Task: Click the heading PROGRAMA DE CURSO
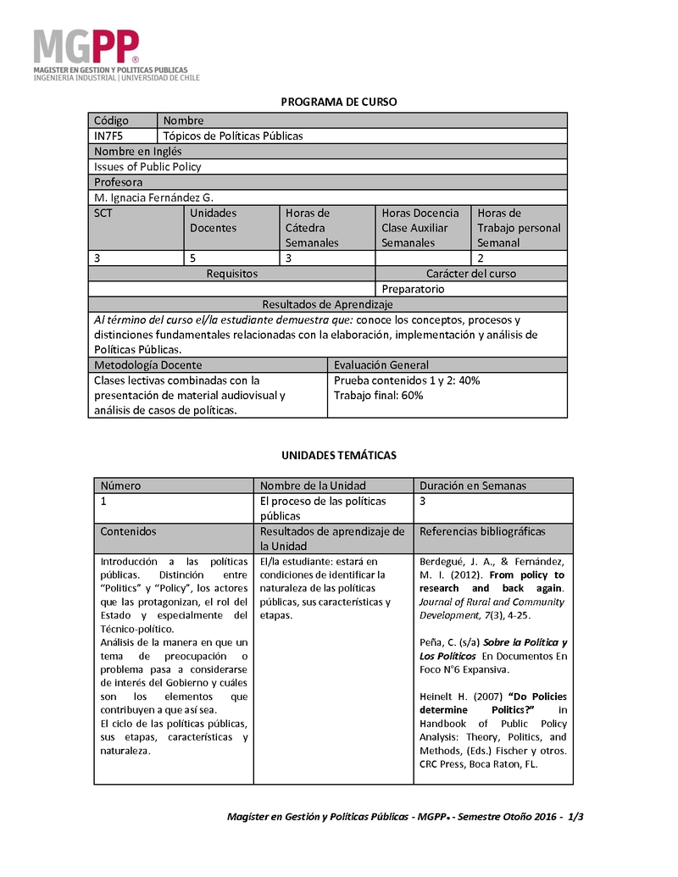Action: point(338,102)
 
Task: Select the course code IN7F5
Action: point(108,136)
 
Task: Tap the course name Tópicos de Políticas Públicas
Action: point(233,136)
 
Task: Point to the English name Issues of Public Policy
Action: point(147,167)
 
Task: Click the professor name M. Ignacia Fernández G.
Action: point(154,197)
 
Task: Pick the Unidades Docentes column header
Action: point(214,220)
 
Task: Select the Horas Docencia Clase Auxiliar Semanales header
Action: point(420,227)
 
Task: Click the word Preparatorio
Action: point(413,289)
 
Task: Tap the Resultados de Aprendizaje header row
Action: point(327,304)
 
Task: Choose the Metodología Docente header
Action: point(148,365)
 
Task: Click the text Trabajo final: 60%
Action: point(379,395)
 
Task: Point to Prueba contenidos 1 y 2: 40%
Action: point(407,380)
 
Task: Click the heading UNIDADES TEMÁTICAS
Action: point(338,455)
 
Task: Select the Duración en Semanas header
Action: point(473,486)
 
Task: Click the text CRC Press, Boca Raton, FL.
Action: point(479,763)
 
